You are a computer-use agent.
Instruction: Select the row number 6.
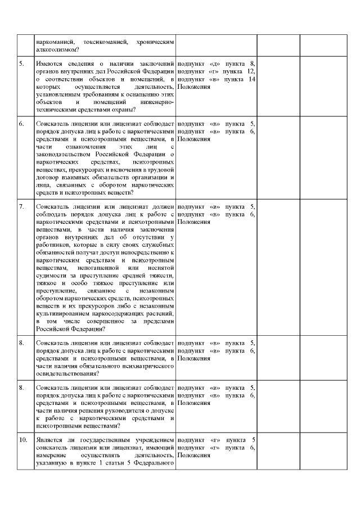tap(21, 123)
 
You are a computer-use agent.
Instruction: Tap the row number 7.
tap(21, 206)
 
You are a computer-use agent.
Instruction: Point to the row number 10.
tap(22, 439)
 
